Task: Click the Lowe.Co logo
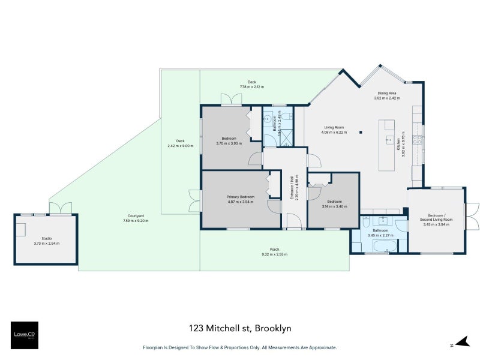[24, 335]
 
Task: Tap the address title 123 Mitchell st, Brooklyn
[239, 328]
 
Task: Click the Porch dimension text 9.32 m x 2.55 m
[274, 254]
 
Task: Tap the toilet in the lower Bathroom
[365, 223]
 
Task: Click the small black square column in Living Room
[361, 132]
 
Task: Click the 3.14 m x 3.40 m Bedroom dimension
[334, 206]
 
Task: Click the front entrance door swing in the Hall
[293, 223]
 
